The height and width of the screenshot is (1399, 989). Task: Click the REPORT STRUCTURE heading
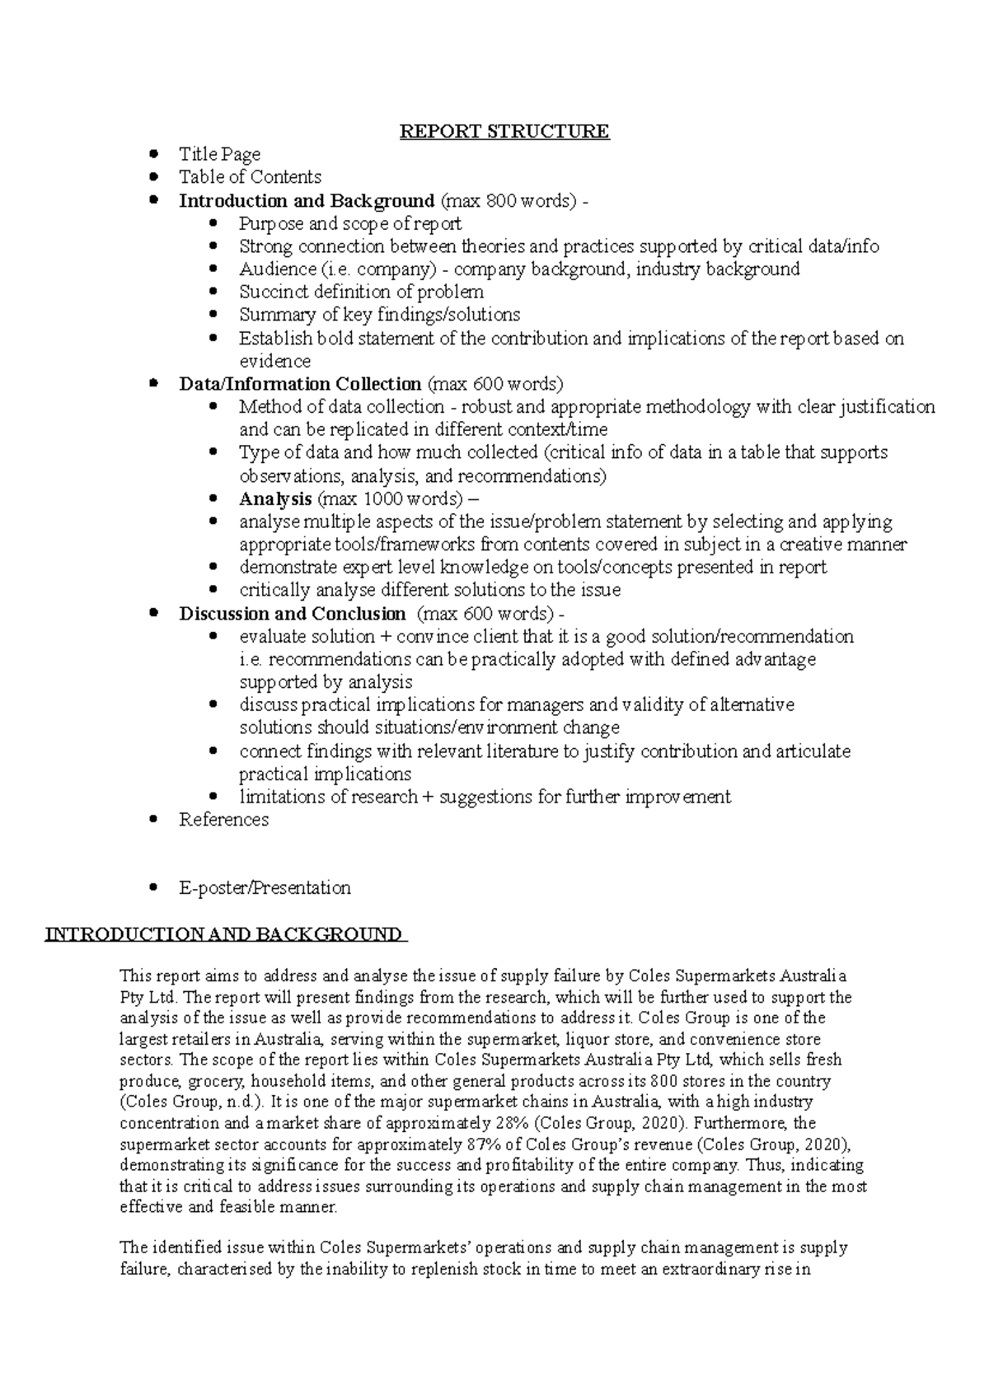pyautogui.click(x=504, y=131)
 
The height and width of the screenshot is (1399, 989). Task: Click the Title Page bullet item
pyautogui.click(x=219, y=154)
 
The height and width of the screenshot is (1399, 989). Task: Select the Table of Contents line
pyautogui.click(x=250, y=177)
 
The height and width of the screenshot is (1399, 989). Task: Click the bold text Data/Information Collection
pyautogui.click(x=300, y=384)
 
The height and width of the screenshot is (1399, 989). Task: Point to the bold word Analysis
pyautogui.click(x=275, y=498)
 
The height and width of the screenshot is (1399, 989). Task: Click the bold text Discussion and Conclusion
pyautogui.click(x=292, y=614)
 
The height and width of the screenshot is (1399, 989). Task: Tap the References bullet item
pyautogui.click(x=223, y=820)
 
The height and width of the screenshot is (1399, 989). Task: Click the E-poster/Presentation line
pyautogui.click(x=265, y=888)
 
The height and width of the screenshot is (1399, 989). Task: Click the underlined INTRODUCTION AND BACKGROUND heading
pyautogui.click(x=223, y=934)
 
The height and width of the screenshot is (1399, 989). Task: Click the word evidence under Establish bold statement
pyautogui.click(x=274, y=361)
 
